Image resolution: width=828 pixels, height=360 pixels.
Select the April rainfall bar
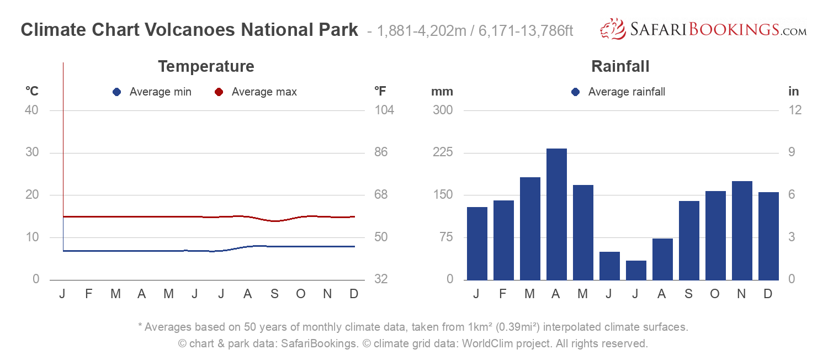(556, 214)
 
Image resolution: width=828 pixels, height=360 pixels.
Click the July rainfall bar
(636, 270)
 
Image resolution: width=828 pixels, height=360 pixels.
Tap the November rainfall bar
(742, 230)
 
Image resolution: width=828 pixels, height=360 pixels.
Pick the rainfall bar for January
(477, 243)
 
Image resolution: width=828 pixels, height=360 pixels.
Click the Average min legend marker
(116, 92)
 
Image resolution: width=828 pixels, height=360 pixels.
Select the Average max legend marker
(219, 92)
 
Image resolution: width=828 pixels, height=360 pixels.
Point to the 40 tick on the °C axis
(32, 110)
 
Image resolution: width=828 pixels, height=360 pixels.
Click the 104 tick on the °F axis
(384, 110)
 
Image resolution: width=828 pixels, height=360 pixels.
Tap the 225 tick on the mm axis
(442, 152)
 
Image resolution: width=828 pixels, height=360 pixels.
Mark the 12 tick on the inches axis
(795, 110)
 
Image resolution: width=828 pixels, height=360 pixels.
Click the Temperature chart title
(206, 67)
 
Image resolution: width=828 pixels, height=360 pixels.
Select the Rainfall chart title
(620, 67)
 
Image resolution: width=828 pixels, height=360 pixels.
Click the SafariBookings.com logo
(703, 29)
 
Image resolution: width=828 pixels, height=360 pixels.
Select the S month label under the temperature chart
(274, 294)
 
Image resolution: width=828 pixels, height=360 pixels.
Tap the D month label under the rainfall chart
(767, 294)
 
